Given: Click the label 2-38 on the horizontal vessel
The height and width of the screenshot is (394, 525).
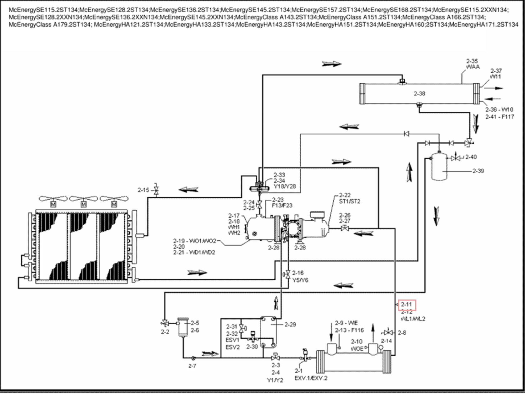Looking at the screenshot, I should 419,94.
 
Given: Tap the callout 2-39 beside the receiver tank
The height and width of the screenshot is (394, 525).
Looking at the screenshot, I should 478,171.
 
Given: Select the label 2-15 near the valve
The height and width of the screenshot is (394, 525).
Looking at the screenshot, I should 143,190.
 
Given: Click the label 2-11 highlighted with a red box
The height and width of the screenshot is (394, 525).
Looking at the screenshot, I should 407,304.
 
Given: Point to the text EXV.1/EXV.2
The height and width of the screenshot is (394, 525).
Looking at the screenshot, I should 311,378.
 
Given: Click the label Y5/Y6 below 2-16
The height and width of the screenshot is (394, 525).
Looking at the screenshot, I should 300,280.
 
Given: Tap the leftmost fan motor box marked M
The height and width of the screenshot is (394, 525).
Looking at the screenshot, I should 53,204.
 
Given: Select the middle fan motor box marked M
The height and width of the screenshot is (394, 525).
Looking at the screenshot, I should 83,204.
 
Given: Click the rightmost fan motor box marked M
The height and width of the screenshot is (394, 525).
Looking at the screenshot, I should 114,204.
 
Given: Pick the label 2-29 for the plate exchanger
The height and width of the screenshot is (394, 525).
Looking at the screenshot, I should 290,325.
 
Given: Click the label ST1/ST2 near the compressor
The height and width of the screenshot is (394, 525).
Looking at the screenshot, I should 349,201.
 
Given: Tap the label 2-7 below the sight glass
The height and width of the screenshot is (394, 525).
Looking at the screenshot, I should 192,366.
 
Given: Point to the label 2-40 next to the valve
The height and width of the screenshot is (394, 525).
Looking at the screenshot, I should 471,157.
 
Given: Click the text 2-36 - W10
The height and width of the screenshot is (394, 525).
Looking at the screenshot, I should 499,110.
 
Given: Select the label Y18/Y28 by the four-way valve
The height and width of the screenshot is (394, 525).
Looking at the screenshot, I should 285,187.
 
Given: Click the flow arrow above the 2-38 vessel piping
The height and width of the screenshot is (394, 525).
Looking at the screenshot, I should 332,64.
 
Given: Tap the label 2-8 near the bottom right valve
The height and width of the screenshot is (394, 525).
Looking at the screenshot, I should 402,333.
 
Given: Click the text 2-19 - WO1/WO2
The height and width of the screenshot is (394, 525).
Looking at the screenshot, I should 194,241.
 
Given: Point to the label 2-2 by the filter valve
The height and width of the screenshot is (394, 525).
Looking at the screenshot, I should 165,332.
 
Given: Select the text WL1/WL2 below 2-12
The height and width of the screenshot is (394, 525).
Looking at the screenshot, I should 413,319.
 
